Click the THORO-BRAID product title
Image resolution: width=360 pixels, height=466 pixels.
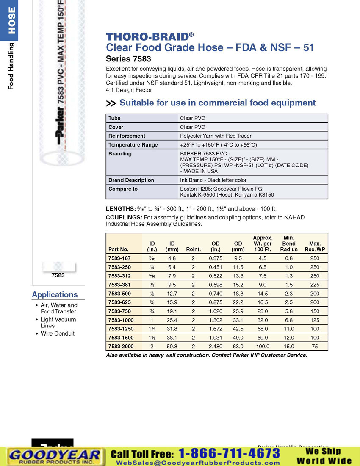coord(150,36)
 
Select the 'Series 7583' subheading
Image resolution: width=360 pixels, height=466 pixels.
coord(128,59)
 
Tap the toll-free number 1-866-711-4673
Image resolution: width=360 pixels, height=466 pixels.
coord(229,453)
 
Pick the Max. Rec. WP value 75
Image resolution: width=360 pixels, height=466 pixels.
coord(315,346)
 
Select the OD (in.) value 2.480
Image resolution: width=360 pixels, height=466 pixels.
coord(216,346)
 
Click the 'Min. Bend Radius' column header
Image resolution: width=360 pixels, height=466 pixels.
coord(289,244)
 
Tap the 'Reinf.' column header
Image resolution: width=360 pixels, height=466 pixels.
coord(194,250)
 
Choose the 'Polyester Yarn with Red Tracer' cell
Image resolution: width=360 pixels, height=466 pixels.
coord(216,136)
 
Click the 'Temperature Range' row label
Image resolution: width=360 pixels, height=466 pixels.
coord(133,145)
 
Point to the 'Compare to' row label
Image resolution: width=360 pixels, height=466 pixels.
coord(123,189)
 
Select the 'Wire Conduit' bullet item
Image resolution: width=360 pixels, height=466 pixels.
coord(58,333)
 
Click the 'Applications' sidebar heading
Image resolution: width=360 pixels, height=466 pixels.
coord(55,294)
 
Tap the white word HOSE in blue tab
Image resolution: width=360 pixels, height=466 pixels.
coord(12,20)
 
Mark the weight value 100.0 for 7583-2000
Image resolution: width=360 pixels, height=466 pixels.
coord(263,346)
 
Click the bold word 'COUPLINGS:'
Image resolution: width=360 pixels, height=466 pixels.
coord(124,218)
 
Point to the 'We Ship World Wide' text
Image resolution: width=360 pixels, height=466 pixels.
coord(324,456)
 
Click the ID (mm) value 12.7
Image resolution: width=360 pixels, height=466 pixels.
coord(172,294)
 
